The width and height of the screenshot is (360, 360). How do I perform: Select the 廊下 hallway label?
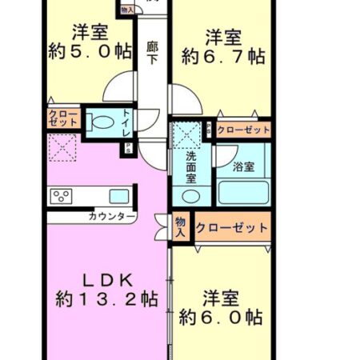152,53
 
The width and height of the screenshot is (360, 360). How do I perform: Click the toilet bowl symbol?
102,124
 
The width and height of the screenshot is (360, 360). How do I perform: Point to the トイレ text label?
126,122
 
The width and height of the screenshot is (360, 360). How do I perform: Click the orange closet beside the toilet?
64,119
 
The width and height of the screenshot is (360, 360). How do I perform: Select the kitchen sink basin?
118,195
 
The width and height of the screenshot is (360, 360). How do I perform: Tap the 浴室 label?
243,167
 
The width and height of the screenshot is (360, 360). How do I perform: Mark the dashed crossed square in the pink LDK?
61,146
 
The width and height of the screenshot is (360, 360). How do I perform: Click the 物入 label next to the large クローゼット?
182,227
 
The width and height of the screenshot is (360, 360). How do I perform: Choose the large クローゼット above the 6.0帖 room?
231,228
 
